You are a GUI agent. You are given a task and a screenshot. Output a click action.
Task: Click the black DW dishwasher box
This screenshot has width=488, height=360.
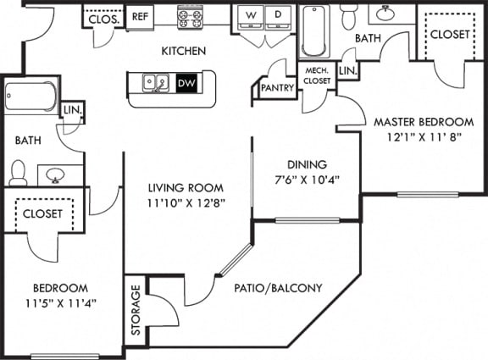click(x=186, y=83)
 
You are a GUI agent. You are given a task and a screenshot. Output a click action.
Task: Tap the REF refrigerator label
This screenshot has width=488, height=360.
click(x=140, y=16)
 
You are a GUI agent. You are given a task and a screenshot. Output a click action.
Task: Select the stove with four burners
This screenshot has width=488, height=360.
click(x=189, y=19)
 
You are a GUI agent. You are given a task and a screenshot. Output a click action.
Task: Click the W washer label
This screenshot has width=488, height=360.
click(x=251, y=15)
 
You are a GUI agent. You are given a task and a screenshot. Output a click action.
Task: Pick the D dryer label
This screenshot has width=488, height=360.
click(x=278, y=14)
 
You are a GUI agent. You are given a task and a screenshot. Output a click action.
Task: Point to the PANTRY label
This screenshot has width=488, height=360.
click(x=277, y=88)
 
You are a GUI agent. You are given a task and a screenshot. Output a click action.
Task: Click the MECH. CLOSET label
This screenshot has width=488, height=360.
click(x=317, y=75)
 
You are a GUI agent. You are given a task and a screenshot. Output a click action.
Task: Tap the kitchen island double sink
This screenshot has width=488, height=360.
click(x=156, y=83)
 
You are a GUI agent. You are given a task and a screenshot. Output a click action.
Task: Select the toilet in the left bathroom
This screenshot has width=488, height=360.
click(x=18, y=173)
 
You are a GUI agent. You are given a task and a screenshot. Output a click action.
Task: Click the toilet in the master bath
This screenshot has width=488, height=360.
click(x=350, y=16)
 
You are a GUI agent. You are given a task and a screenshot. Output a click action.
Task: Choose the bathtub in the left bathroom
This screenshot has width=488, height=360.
click(x=30, y=96)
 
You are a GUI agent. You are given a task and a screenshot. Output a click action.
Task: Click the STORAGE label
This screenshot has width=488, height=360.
click(x=136, y=310)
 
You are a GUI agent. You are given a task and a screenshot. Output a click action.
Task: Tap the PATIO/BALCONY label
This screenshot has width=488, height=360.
click(x=278, y=288)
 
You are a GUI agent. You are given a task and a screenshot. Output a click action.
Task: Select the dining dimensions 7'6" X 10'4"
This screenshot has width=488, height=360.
click(x=307, y=180)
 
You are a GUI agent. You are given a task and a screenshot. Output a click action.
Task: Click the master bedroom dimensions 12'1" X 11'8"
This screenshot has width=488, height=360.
click(x=424, y=137)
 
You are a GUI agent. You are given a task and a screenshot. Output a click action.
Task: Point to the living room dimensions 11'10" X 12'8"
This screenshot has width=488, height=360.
click(x=186, y=203)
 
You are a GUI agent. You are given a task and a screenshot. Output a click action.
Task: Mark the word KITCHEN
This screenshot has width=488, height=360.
click(x=184, y=51)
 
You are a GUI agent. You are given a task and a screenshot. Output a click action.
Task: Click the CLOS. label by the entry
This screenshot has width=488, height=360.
click(x=104, y=20)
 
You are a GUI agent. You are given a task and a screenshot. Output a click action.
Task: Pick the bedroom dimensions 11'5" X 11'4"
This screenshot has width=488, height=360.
click(x=60, y=303)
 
